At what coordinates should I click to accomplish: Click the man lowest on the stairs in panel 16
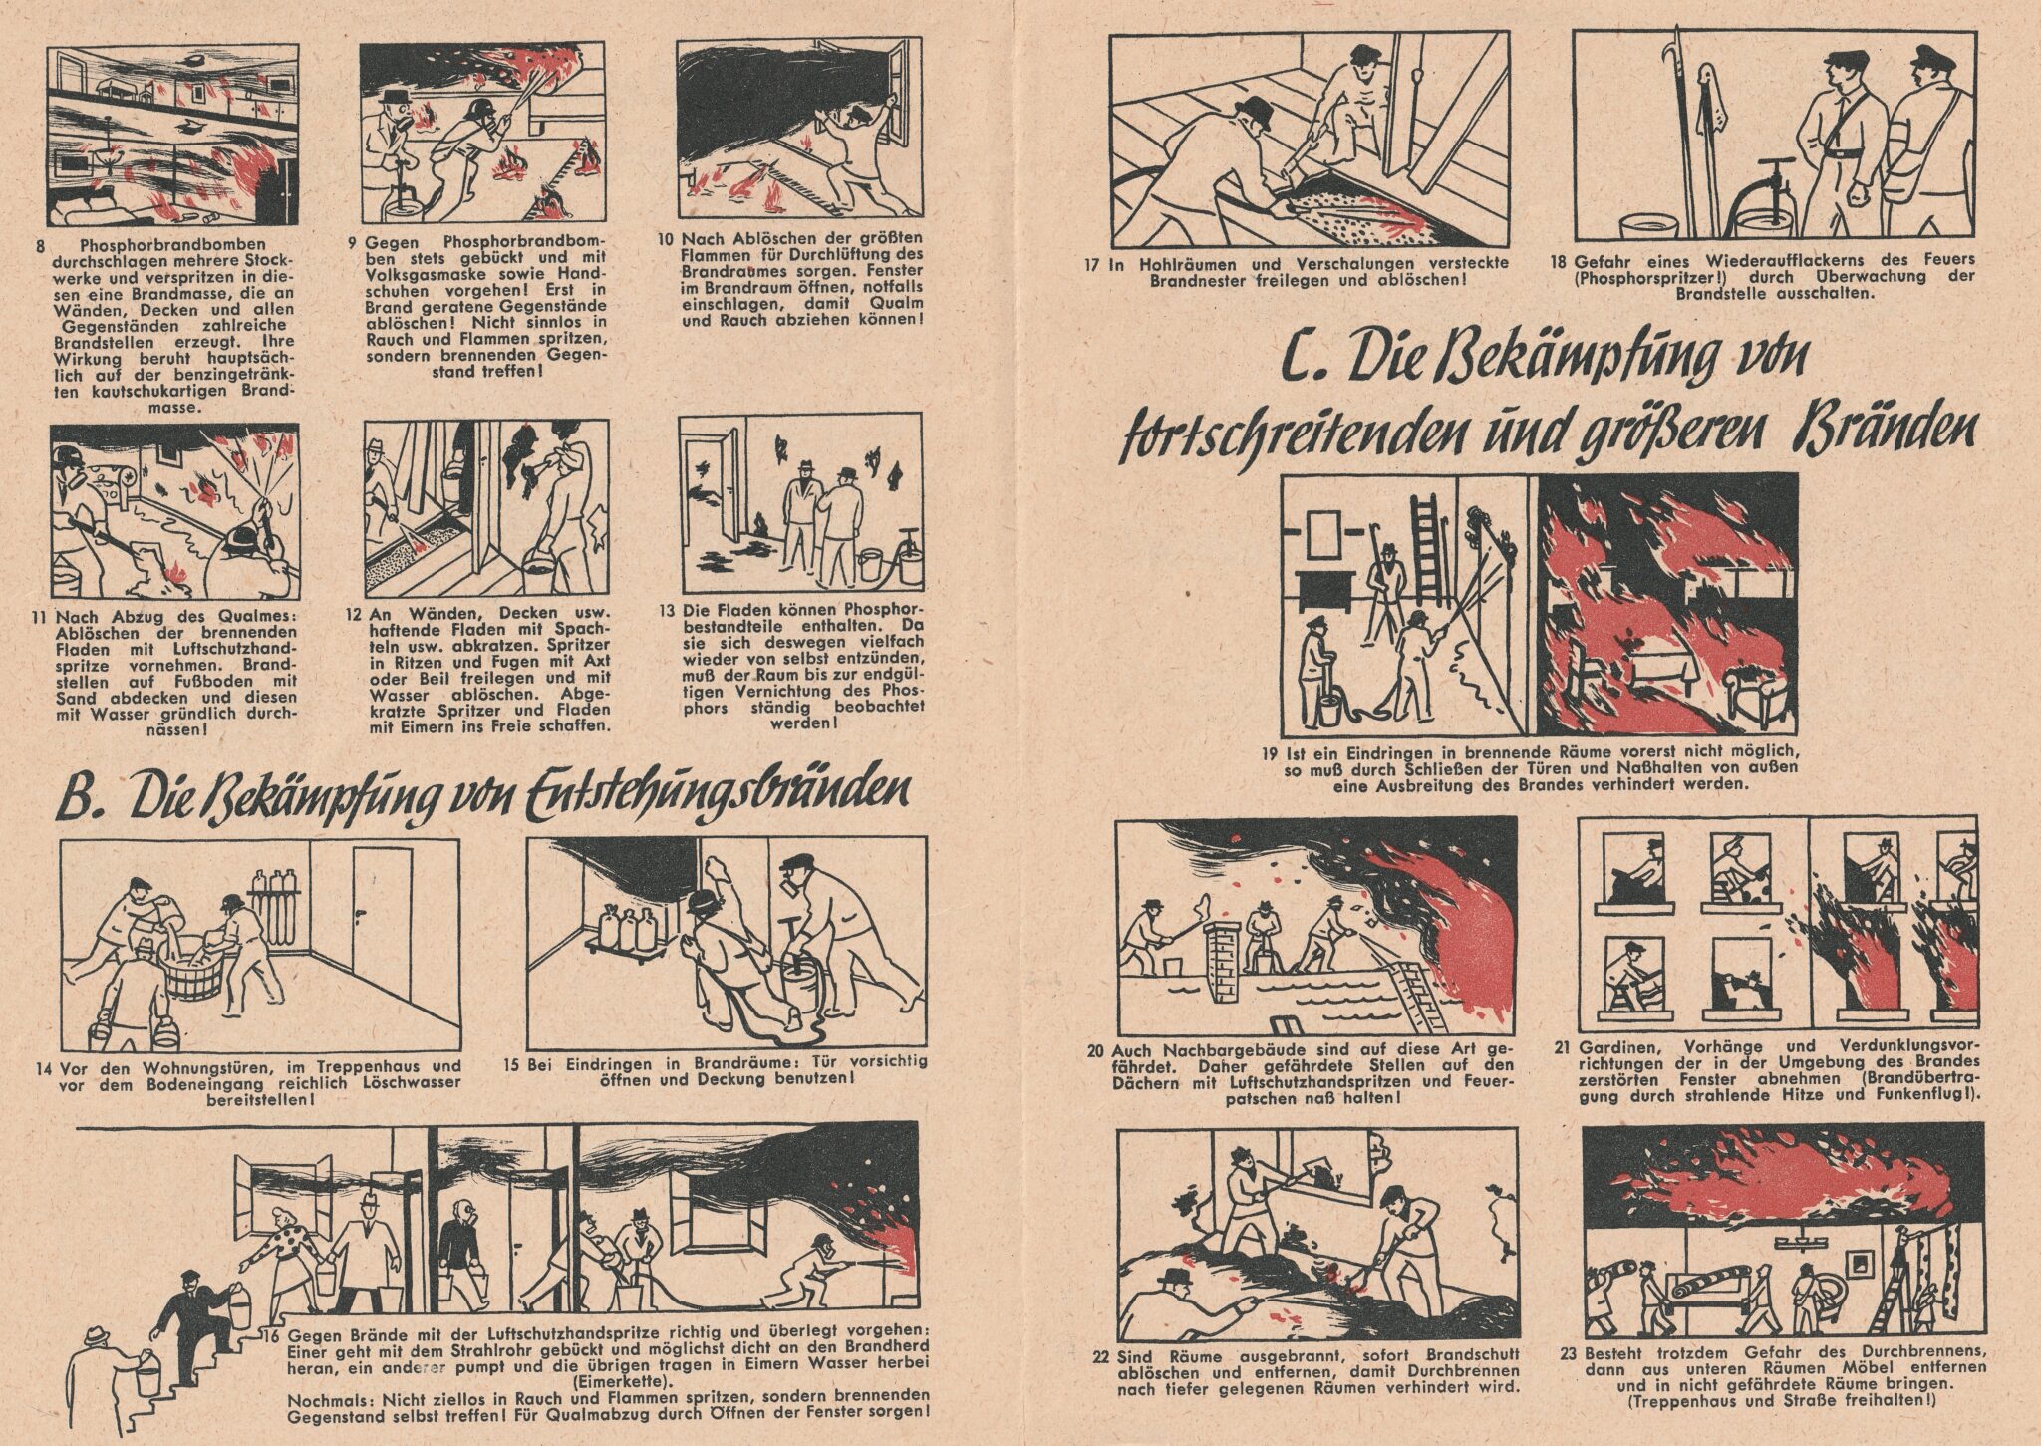pyautogui.click(x=97, y=1375)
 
